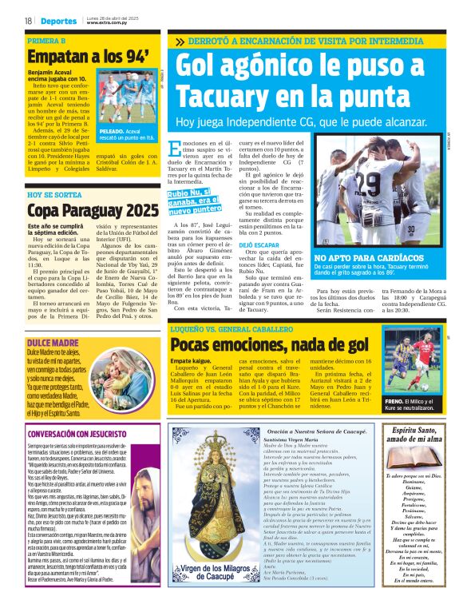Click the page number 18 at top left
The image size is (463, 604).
coord(28,20)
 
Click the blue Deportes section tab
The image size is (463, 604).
coord(57,20)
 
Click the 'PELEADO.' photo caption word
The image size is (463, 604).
coord(112,130)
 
